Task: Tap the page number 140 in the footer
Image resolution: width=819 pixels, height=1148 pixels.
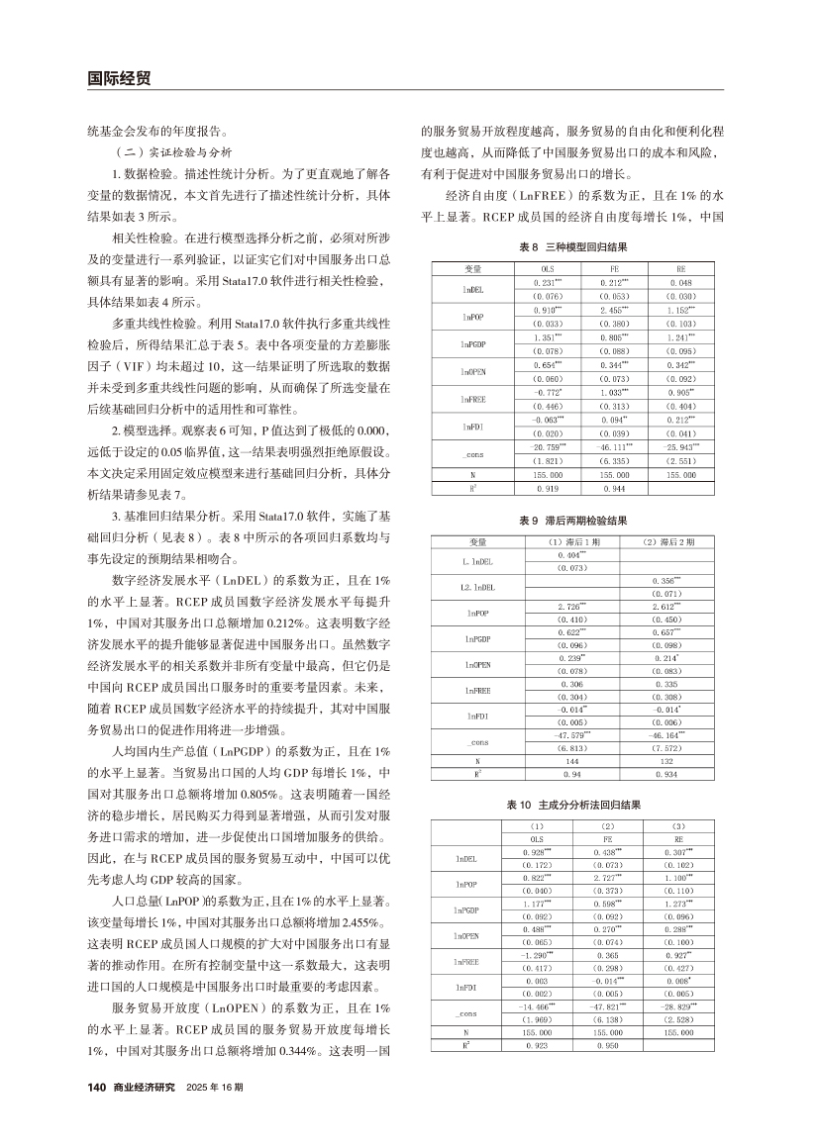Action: click(97, 1087)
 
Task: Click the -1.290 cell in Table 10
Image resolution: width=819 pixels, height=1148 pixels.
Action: click(537, 955)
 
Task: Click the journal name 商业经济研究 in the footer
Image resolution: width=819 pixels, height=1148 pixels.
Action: click(145, 1087)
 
